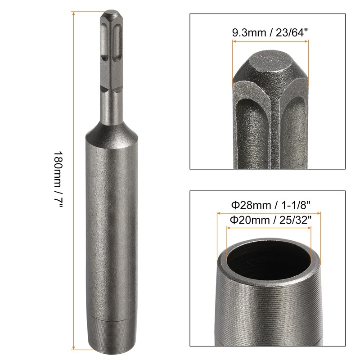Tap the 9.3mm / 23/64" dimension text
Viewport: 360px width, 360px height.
[270, 33]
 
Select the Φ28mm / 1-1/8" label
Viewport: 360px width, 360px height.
[270, 205]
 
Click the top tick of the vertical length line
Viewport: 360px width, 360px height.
[73, 12]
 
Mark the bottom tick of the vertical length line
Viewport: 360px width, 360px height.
[73, 348]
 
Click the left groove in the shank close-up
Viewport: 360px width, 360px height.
[252, 130]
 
